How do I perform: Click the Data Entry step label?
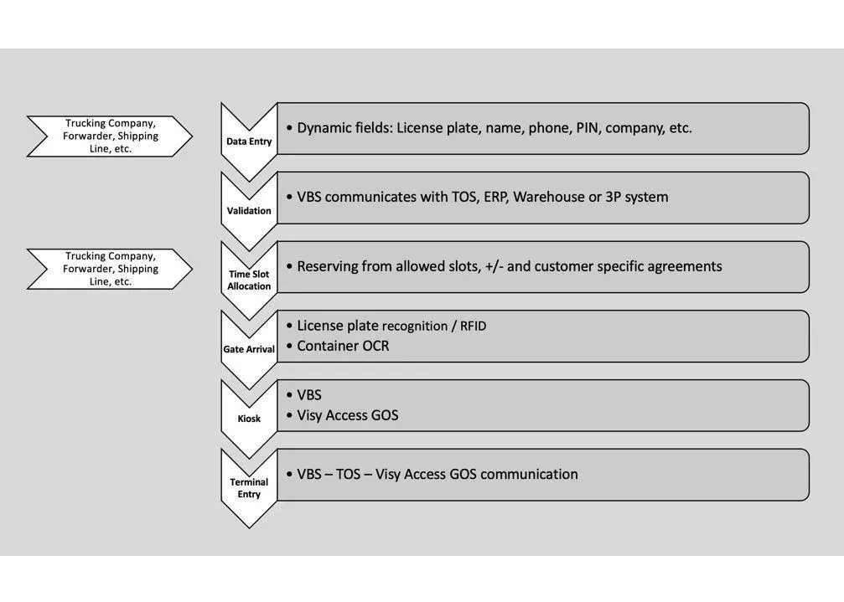click(x=249, y=141)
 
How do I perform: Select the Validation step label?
click(x=249, y=211)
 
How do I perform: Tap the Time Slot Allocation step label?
click(x=249, y=280)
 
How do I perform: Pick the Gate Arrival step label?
click(x=249, y=349)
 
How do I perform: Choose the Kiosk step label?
click(x=249, y=419)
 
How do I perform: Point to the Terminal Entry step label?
click(x=249, y=488)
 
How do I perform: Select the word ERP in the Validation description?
click(x=494, y=198)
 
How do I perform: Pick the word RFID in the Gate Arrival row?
click(x=474, y=327)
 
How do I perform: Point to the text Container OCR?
click(x=343, y=346)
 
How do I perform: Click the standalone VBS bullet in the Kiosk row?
click(x=309, y=395)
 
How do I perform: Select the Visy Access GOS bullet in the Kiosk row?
click(x=348, y=415)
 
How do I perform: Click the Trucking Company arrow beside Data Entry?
click(x=110, y=136)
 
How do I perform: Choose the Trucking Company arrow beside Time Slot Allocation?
click(x=110, y=269)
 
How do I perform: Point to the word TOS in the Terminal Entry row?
click(x=348, y=474)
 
